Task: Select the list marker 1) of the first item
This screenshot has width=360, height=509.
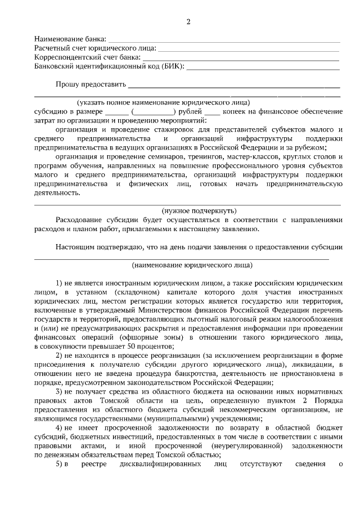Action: tap(60, 282)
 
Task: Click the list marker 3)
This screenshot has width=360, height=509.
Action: tap(60, 391)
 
